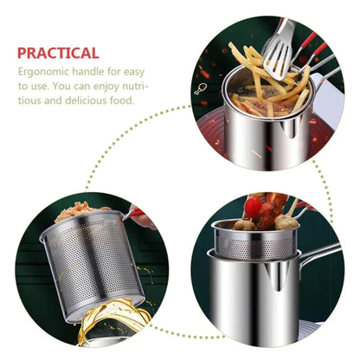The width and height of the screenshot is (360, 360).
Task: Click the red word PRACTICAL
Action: coord(58,53)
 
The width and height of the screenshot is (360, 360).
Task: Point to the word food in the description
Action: coord(122,100)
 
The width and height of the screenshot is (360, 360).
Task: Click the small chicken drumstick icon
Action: coord(201,87)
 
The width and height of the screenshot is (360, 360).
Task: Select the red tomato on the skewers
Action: coord(253,208)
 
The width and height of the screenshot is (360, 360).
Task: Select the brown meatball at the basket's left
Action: coord(245,224)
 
